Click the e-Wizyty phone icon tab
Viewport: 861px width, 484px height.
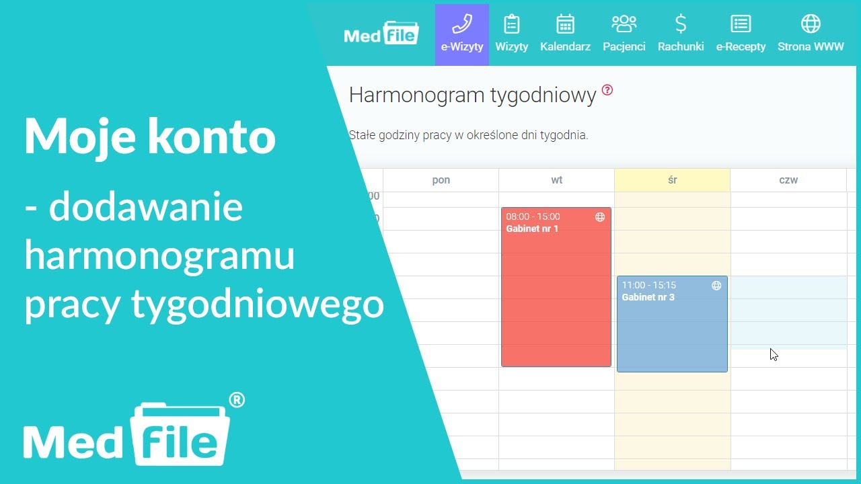pos(462,34)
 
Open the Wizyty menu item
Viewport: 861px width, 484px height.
pos(512,34)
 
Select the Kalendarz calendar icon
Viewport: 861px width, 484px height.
pos(565,34)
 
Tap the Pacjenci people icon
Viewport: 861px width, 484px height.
pos(624,34)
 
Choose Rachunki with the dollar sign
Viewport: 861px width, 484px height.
pos(681,34)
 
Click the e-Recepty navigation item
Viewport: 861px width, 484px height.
pos(741,34)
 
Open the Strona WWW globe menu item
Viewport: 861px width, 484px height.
pos(811,34)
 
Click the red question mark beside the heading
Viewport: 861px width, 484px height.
pos(607,90)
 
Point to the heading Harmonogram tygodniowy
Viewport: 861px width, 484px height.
pos(472,95)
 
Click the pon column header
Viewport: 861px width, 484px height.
pos(441,180)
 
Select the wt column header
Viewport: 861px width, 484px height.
pos(556,180)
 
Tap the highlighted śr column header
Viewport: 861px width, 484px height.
pos(672,180)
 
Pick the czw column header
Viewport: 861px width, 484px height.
pos(788,180)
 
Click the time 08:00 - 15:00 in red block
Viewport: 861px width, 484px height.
pos(533,216)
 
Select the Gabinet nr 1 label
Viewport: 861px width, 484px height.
pos(532,229)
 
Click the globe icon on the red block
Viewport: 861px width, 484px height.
pos(600,217)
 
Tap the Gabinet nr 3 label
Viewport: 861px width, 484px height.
pos(648,297)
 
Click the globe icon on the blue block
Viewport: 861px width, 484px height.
pos(716,286)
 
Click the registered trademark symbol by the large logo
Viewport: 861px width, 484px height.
pos(237,401)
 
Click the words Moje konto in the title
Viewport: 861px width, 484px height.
pos(150,137)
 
